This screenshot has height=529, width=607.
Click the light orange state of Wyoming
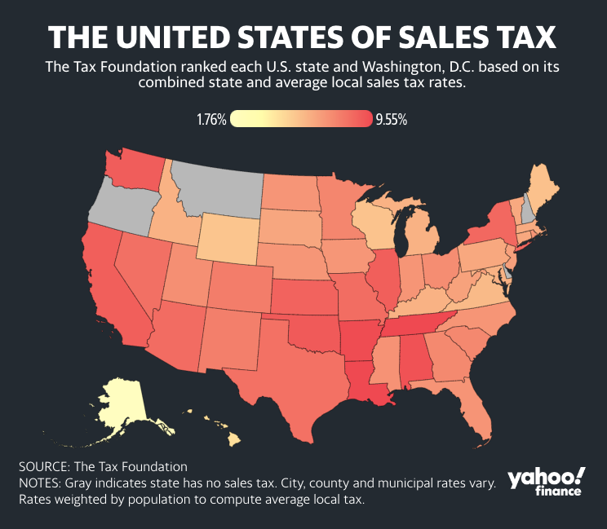point(229,239)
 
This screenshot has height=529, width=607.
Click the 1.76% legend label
point(211,120)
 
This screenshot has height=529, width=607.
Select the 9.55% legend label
point(392,120)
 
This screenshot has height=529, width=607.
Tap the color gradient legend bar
point(301,119)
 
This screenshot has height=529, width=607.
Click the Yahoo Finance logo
point(547,482)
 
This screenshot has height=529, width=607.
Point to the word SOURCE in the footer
point(44,467)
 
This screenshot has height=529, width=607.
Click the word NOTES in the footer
point(39,483)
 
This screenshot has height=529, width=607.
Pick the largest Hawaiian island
point(233,440)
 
